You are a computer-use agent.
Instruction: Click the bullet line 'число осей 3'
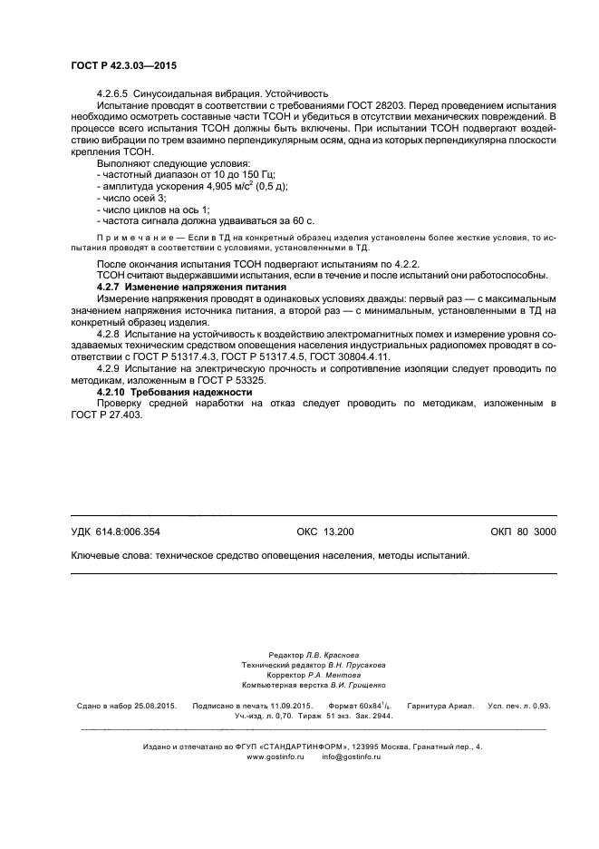tap(130, 198)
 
